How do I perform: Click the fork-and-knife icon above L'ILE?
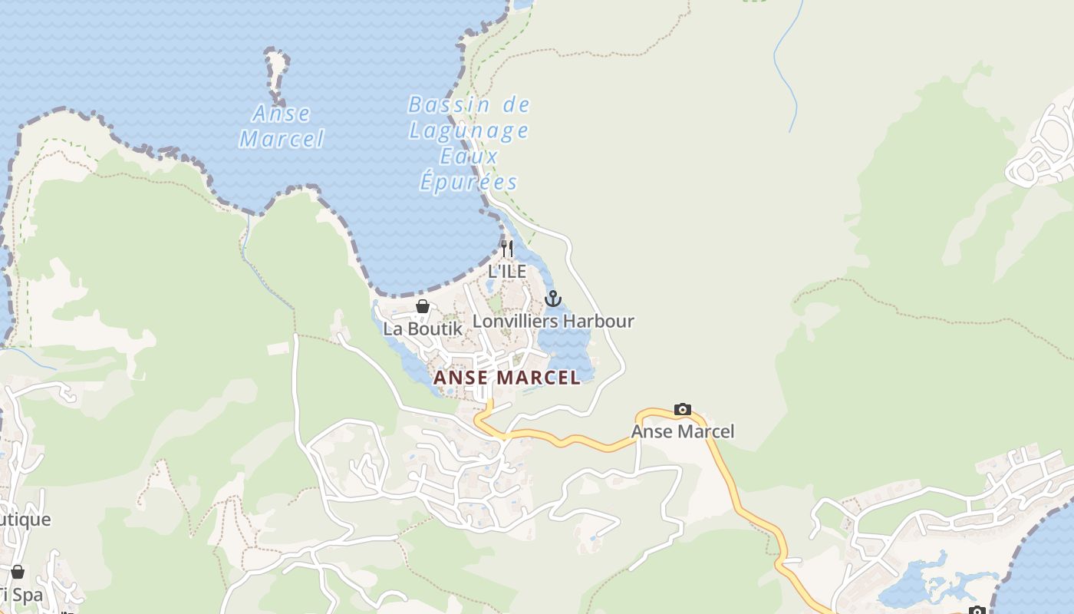506,249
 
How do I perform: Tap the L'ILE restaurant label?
507,271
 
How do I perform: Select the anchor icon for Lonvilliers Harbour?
553,299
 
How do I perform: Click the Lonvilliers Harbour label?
553,321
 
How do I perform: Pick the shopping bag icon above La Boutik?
422,306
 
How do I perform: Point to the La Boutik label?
423,328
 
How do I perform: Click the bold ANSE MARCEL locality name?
507,378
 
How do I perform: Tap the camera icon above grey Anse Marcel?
682,409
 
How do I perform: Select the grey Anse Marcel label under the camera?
682,431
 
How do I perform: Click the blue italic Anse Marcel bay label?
282,127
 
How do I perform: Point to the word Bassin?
449,104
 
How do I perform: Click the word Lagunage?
468,130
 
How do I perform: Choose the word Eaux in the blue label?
469,157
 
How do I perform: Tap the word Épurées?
468,183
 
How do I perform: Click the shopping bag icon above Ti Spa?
18,572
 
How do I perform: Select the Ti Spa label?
19,594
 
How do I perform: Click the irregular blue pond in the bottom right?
921,583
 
